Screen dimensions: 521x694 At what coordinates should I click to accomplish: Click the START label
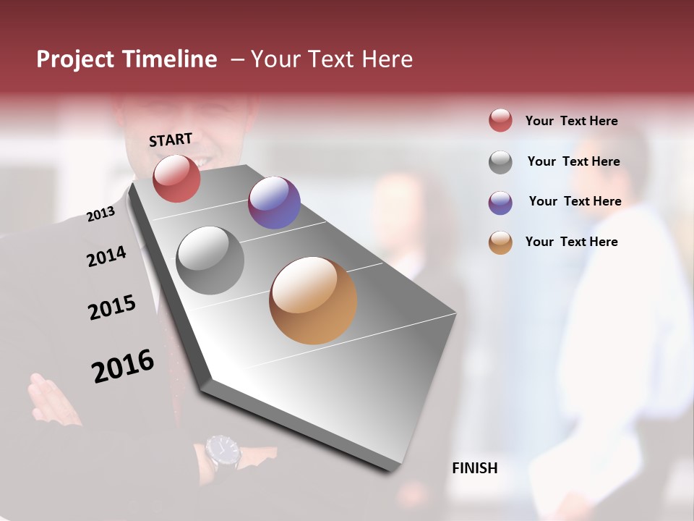[x=171, y=140]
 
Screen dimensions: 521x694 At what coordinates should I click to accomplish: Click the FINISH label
[x=474, y=468]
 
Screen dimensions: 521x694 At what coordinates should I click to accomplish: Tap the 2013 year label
[x=101, y=213]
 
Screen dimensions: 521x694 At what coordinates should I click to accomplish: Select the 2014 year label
[x=107, y=256]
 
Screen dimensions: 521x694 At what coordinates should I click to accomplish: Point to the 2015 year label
[x=112, y=308]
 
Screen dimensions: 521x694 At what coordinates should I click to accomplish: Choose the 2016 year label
[x=123, y=366]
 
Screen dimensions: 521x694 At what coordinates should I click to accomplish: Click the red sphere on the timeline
[x=176, y=178]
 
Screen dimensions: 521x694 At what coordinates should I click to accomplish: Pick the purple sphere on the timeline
[x=274, y=203]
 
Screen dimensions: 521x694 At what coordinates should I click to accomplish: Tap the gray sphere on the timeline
[x=210, y=260]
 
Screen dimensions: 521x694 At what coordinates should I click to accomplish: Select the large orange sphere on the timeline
[x=313, y=300]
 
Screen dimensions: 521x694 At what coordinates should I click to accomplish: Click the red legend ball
[x=500, y=120]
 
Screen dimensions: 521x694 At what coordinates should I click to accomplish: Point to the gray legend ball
[x=500, y=162]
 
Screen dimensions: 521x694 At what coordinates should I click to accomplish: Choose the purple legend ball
[x=500, y=203]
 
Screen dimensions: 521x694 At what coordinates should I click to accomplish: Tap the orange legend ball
[x=500, y=243]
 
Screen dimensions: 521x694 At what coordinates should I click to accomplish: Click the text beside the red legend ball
[x=571, y=121]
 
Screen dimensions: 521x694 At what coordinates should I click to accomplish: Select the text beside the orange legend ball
[x=571, y=242]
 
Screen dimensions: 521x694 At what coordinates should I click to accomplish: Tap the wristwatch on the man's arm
[x=222, y=452]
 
